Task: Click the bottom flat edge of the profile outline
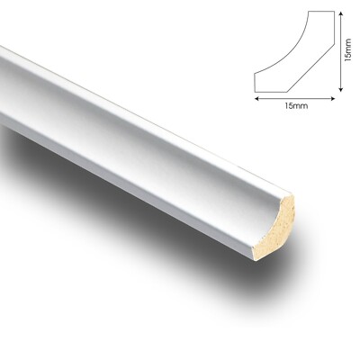(292, 92)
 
